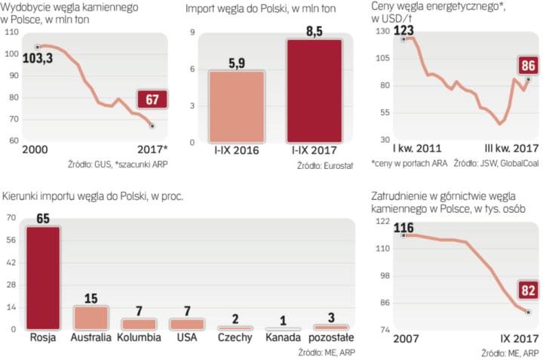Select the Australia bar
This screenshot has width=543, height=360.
[90, 318]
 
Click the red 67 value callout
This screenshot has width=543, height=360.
[151, 100]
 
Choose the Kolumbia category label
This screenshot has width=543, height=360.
[139, 337]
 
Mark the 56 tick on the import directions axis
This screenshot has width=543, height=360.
[12, 239]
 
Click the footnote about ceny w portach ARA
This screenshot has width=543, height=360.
[404, 163]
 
